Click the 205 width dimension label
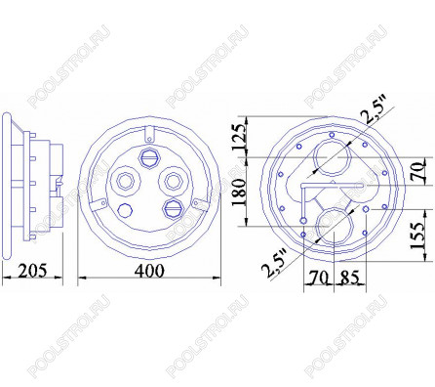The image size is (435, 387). point(32,271)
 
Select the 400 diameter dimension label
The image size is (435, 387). point(149,271)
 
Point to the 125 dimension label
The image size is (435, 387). point(240,137)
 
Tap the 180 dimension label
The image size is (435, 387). point(240,192)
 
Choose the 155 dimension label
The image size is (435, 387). point(417,236)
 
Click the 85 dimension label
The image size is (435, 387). point(350,278)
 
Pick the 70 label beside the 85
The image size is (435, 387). point(318,278)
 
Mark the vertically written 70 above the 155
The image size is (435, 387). point(419,172)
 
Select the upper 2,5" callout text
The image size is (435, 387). point(376,109)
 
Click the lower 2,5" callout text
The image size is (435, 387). point(275,263)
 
